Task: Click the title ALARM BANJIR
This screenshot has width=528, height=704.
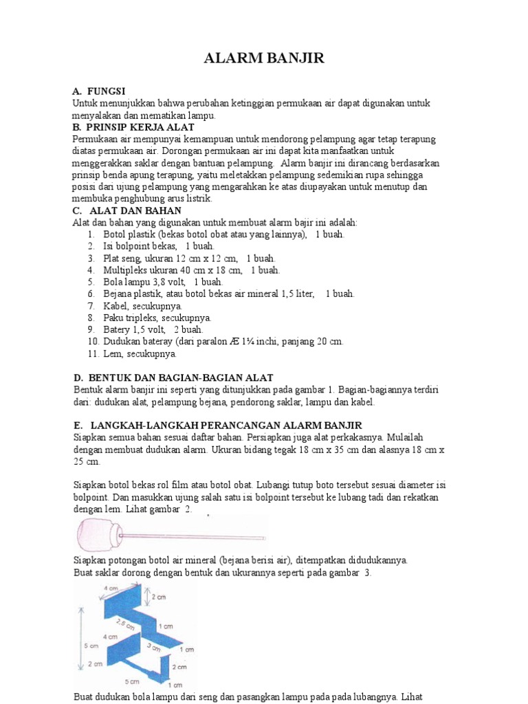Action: click(264, 59)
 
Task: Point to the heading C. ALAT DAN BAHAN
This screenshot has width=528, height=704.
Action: click(126, 210)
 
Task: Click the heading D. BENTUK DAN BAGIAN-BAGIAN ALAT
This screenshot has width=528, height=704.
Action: click(173, 377)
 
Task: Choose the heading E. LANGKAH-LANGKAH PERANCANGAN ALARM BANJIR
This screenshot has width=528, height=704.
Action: click(217, 425)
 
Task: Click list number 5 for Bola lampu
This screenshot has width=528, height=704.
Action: click(91, 282)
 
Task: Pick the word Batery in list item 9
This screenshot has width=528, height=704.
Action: click(118, 330)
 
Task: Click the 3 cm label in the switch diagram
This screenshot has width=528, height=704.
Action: click(153, 647)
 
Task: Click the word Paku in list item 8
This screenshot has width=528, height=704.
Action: click(113, 318)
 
